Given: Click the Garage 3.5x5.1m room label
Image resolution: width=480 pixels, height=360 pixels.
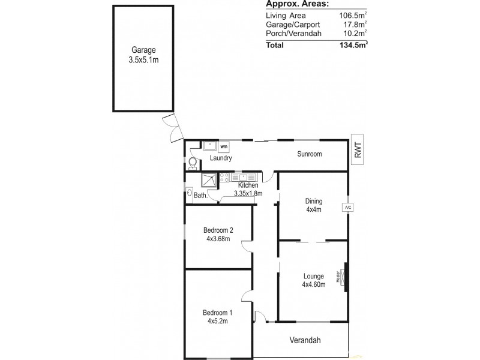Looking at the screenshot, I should click(144, 55).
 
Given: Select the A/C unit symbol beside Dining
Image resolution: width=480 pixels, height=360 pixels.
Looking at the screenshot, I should click(347, 208).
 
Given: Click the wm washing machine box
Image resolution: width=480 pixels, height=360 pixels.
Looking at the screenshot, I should click(223, 146).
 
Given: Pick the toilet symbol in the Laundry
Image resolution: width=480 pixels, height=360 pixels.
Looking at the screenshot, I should click(193, 163).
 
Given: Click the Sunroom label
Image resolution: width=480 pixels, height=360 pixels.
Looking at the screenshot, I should click(310, 154).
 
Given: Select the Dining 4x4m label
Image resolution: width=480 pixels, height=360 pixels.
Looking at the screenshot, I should click(314, 206).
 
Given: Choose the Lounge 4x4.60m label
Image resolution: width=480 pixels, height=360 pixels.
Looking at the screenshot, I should click(313, 280).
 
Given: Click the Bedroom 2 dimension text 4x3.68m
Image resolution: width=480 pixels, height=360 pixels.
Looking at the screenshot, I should click(218, 238).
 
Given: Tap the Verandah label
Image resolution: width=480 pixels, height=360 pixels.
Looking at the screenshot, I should click(306, 340).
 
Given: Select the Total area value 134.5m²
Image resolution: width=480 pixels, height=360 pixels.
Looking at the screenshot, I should click(353, 44).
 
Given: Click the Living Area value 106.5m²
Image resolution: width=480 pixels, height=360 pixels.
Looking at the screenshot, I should click(353, 16).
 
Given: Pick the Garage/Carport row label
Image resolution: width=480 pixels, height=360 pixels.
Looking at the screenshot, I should click(293, 25).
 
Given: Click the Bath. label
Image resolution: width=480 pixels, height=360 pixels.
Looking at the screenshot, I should click(200, 196).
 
